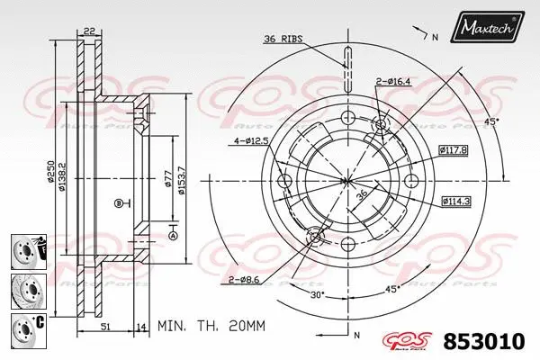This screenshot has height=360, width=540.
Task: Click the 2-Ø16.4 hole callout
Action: pyautogui.click(x=394, y=82)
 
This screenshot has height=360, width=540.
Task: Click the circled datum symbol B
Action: pyautogui.click(x=119, y=203)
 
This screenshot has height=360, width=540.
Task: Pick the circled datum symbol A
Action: pyautogui.click(x=171, y=236)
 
